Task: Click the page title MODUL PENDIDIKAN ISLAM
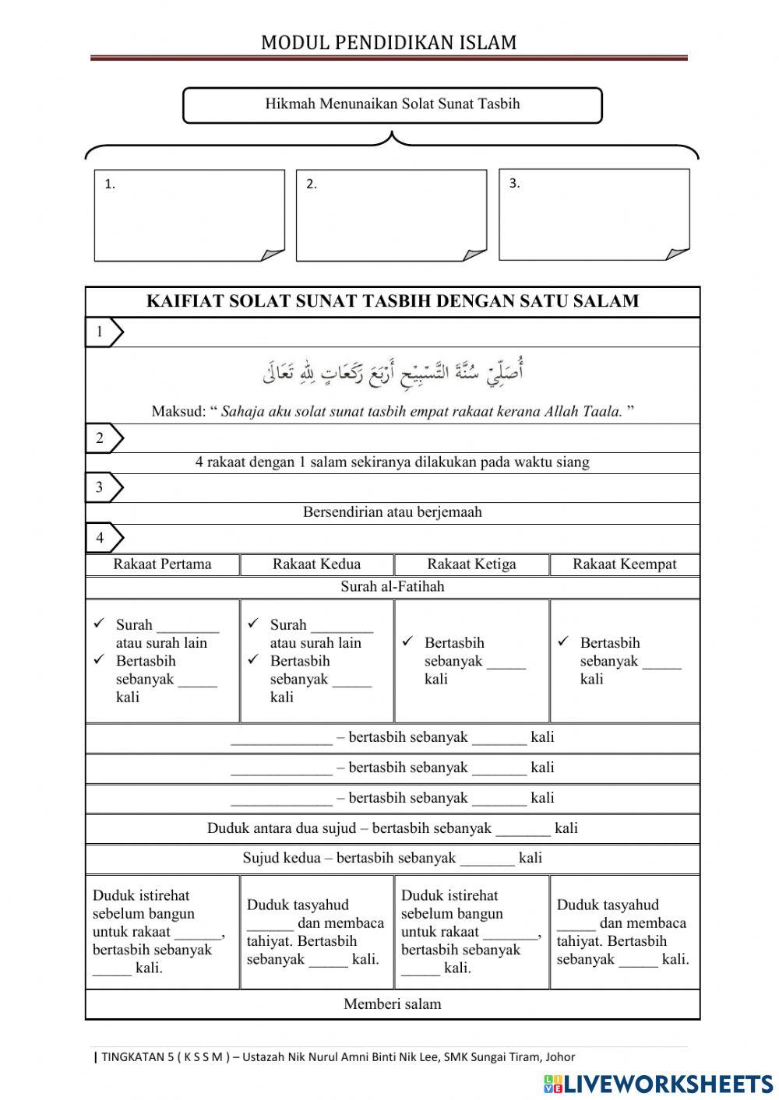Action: [x=389, y=42]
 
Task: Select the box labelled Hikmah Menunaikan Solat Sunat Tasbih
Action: [x=392, y=104]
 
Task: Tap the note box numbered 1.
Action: [x=189, y=215]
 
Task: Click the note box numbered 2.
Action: [x=391, y=215]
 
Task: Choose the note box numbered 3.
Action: [x=594, y=214]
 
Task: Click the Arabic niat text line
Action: [x=392, y=374]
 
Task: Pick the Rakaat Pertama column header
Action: [x=162, y=564]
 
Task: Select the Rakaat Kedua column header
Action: [x=316, y=564]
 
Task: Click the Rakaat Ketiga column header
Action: [x=471, y=564]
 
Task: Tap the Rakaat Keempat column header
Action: [x=624, y=564]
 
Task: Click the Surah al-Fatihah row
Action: [x=392, y=587]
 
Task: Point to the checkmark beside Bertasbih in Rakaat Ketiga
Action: [x=407, y=642]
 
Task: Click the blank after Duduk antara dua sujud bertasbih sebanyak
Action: [x=523, y=830]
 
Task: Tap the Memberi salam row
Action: [x=392, y=1004]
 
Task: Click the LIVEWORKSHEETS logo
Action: [x=658, y=1083]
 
